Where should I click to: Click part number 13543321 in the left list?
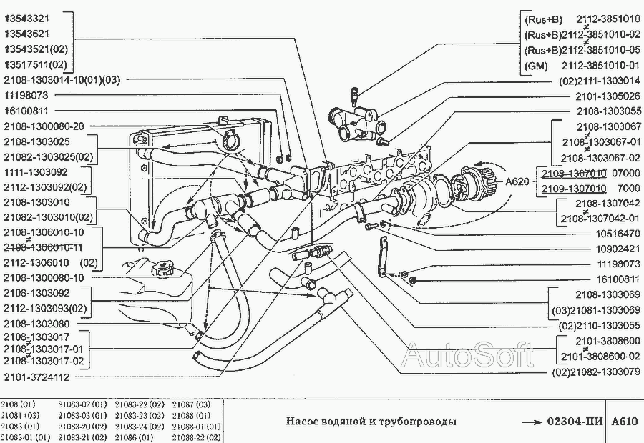(28, 16)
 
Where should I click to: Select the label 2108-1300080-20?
(44, 126)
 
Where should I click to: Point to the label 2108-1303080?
(36, 324)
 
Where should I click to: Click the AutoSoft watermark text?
(469, 355)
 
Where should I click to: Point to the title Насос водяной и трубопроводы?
(371, 421)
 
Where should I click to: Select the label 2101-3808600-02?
(600, 355)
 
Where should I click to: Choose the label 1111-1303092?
(36, 173)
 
